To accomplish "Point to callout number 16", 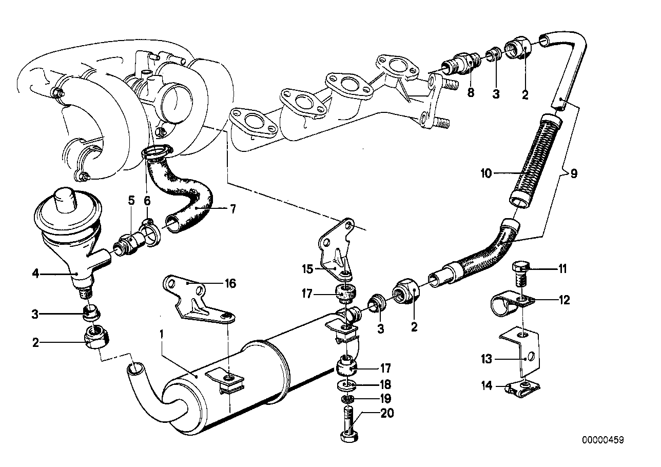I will point(230,283).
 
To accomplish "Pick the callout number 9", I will point(573,173).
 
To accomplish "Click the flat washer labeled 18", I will point(347,384).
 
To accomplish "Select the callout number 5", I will point(131,200).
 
